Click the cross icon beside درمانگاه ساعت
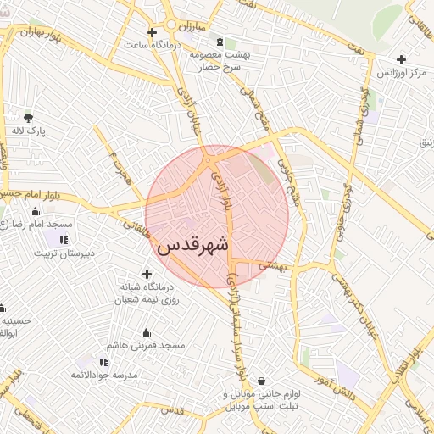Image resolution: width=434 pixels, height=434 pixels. tap(152, 33)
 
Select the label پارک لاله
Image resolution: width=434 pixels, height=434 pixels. tap(30, 132)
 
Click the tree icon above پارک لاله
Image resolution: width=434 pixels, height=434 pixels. tap(30, 117)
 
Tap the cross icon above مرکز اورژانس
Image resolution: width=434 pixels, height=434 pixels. tap(401, 59)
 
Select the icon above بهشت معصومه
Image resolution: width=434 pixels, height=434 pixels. tap(220, 41)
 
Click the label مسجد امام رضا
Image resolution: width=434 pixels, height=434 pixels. tap(38, 225)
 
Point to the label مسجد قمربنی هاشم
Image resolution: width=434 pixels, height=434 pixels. tap(146, 346)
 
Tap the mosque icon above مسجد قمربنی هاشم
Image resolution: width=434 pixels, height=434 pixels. tap(146, 332)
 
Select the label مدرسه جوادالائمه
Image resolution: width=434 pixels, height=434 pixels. tap(103, 375)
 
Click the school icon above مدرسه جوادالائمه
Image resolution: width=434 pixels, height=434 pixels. tap(103, 362)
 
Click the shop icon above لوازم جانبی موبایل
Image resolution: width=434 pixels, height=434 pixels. tap(260, 381)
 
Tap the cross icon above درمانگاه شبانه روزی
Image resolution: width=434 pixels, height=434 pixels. tap(148, 273)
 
